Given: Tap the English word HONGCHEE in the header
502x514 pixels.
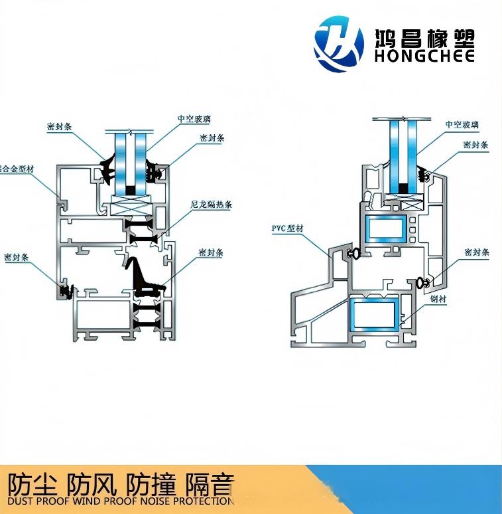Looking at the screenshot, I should point(424,56).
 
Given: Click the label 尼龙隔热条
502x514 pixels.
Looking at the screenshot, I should point(211,205).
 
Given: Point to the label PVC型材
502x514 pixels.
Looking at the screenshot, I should point(287,228).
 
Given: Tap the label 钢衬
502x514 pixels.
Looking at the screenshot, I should point(438,300).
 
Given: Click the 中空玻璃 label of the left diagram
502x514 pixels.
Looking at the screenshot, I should point(194,119).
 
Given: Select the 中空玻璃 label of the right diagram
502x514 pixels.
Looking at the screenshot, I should point(462,124).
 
